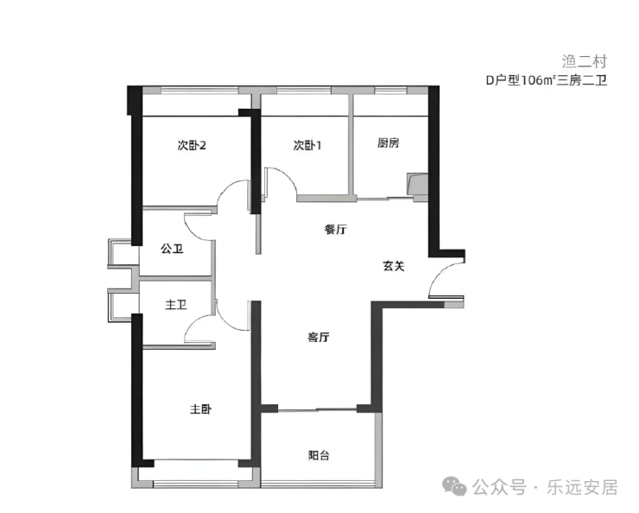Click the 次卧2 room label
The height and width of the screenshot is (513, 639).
[x=191, y=145]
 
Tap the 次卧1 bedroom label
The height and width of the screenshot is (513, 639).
[x=307, y=145]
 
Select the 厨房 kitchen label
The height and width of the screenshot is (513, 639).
[x=389, y=143]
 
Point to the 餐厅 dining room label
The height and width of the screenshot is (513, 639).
[x=336, y=230]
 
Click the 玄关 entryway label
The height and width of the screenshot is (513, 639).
[x=394, y=266]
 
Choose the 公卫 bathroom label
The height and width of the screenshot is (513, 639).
[x=172, y=249]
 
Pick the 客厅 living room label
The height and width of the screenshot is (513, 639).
[x=319, y=338]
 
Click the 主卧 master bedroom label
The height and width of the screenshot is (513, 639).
[x=201, y=409]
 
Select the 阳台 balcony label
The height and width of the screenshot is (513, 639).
[x=319, y=455]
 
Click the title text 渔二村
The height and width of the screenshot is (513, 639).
[x=585, y=61]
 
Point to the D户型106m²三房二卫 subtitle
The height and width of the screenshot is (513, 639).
[x=546, y=81]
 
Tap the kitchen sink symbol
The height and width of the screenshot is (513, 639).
[x=418, y=184]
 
